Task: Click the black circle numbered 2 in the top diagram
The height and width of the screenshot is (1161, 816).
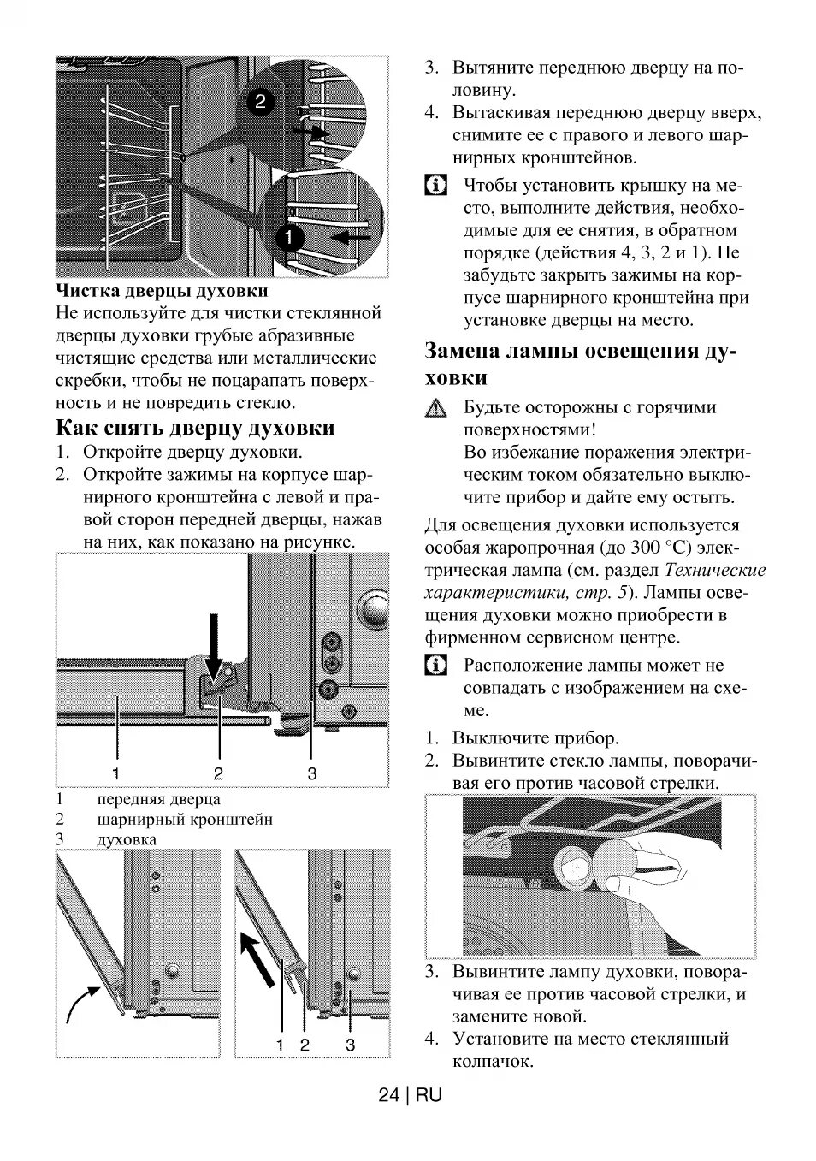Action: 261,102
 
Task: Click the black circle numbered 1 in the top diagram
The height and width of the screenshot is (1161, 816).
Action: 291,235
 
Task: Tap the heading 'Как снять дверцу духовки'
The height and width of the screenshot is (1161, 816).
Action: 196,428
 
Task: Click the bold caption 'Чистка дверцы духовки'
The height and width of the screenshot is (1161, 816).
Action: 162,292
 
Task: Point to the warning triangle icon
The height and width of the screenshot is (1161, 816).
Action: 436,409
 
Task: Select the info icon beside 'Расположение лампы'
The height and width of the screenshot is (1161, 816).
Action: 436,666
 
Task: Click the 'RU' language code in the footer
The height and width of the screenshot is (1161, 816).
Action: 429,1095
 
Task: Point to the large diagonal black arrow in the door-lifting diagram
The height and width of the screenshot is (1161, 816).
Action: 261,958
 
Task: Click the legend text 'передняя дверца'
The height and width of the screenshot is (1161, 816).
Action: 159,799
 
